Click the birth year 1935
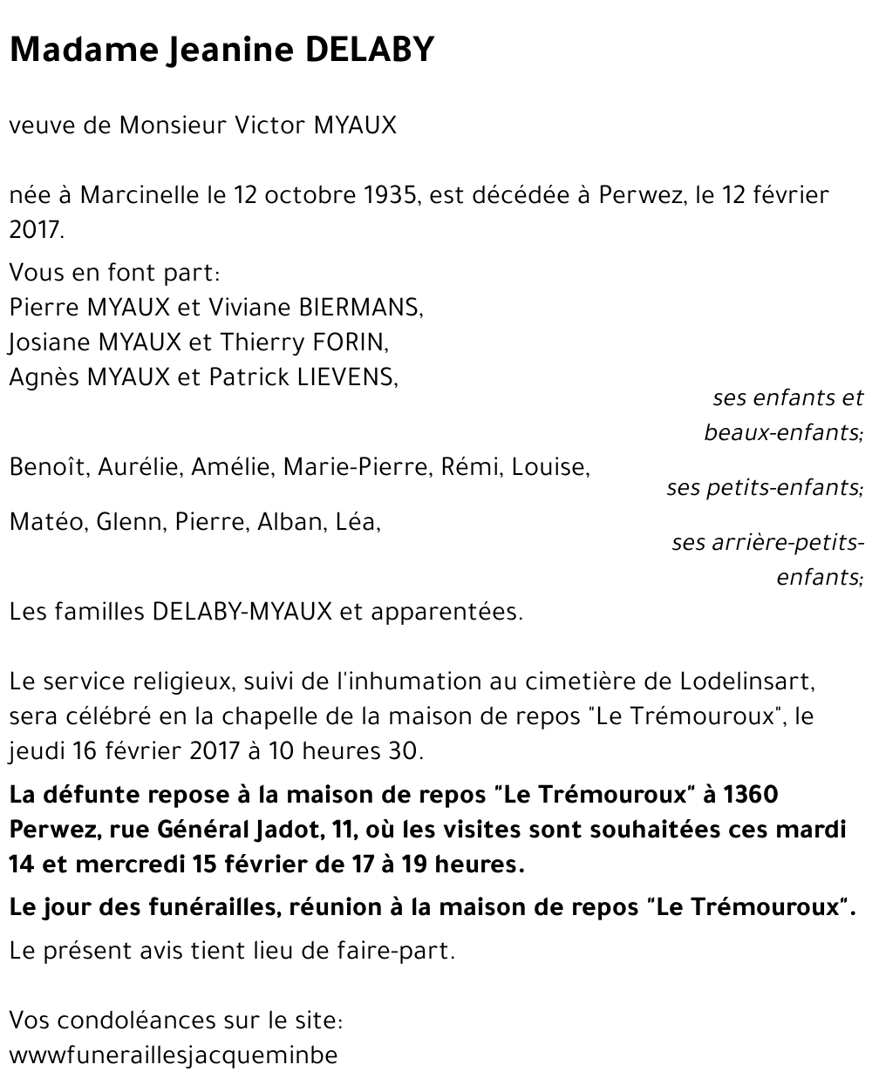tap(387, 194)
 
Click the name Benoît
tap(48, 467)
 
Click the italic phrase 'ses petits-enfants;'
tap(765, 487)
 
